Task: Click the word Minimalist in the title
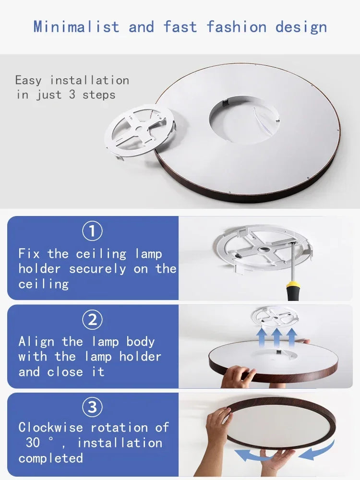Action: [76, 26]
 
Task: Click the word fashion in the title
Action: [237, 26]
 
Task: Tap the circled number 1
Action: [92, 232]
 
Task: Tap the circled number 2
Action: [92, 320]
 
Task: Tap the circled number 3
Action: [92, 408]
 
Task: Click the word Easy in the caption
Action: [29, 80]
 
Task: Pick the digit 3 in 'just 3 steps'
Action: [72, 95]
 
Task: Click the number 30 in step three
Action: [33, 443]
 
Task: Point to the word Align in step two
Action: [36, 342]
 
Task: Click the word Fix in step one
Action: [30, 253]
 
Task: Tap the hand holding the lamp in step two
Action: [238, 376]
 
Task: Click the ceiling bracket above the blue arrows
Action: [275, 317]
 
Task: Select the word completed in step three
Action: [51, 458]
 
